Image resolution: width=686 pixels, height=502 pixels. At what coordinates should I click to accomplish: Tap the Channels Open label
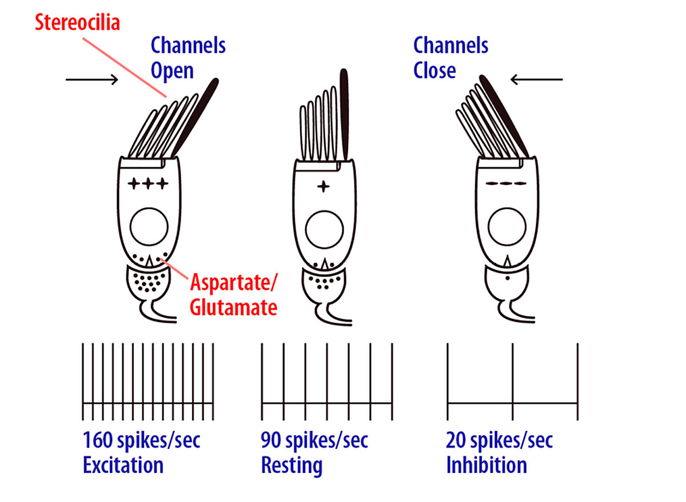[188, 58]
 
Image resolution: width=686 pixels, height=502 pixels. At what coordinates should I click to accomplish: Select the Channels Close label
[450, 57]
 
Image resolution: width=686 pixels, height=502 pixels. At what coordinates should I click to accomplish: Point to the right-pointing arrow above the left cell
[92, 79]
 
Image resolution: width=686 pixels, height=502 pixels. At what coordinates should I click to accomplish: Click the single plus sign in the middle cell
[324, 187]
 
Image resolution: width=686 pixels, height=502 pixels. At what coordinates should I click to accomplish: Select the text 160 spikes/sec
[141, 440]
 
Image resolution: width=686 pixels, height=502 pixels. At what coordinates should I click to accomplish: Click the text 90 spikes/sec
[314, 440]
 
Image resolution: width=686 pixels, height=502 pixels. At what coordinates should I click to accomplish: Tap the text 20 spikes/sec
[499, 440]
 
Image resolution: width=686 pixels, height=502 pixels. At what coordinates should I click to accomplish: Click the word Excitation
[123, 465]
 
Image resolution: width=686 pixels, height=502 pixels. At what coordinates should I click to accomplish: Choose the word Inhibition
[486, 465]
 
